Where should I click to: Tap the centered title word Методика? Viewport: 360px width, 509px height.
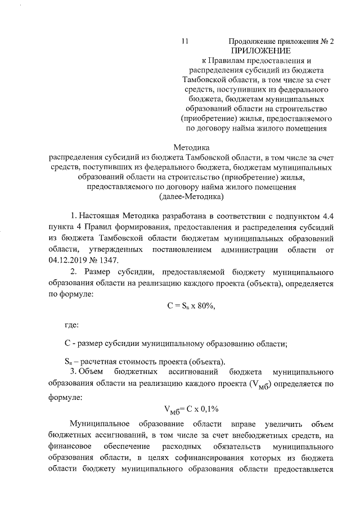tap(191, 148)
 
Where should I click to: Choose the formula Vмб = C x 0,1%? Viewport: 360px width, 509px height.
tap(191, 409)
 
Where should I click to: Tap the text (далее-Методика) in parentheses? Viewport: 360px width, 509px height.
tap(191, 196)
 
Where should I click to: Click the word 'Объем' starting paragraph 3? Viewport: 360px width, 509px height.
tap(91, 372)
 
